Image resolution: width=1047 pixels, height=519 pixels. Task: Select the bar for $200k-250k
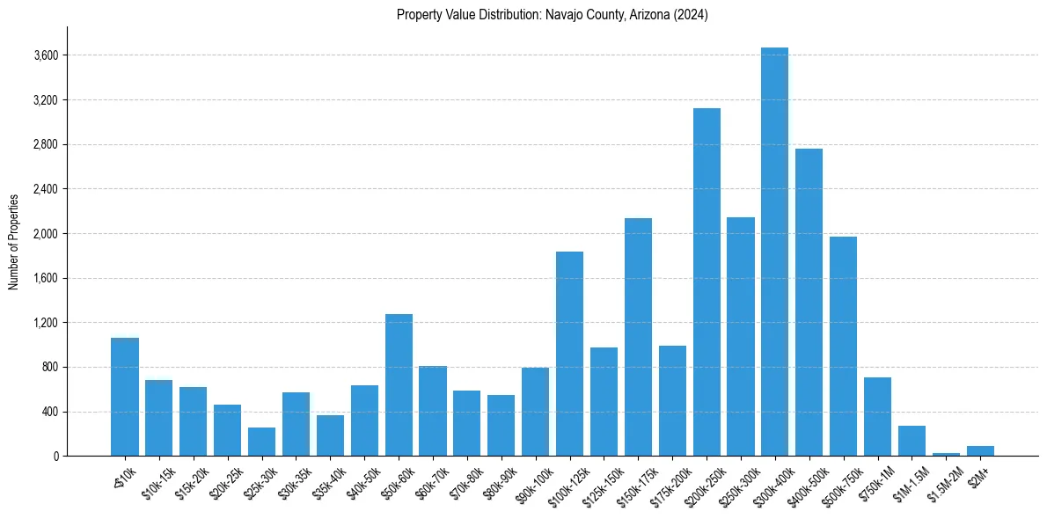707,281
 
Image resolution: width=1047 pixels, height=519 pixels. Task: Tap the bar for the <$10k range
125,397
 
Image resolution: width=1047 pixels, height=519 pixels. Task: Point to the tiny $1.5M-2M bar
946,454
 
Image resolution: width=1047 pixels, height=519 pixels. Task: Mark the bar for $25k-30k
261,442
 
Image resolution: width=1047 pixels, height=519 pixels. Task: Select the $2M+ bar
980,450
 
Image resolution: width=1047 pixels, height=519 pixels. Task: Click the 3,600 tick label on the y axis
46,55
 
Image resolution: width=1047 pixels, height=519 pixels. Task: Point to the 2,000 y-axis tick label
46,234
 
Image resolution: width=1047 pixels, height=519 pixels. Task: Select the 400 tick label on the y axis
49,412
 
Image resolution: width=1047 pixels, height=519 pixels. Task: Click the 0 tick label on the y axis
55,457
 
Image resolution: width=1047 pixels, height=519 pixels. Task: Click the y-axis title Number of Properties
13,241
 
